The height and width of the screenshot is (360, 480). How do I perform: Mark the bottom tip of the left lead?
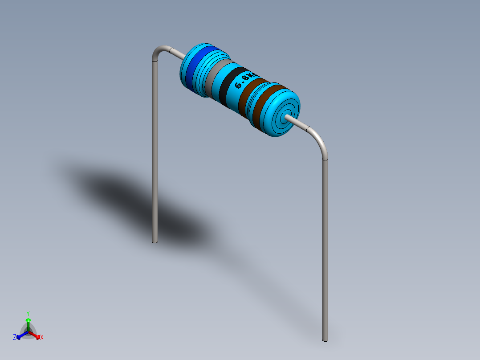155,241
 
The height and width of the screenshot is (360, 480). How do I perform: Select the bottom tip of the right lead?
325,340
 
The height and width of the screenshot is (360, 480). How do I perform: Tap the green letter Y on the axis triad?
28,313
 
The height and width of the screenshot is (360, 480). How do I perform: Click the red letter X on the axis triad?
42,338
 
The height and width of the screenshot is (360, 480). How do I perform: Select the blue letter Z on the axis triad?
15,337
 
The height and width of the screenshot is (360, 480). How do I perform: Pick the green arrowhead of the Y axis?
28,320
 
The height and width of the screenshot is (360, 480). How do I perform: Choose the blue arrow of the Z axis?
20,336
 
